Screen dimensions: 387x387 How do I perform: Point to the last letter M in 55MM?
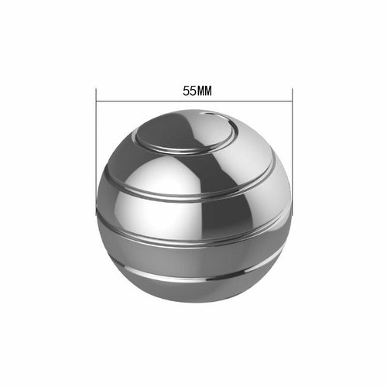(208, 90)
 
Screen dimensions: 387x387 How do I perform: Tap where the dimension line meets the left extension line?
(97, 101)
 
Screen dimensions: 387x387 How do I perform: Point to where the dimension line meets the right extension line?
(292, 101)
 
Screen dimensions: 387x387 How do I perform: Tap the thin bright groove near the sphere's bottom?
(193, 277)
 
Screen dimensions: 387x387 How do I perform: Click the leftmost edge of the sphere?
(98, 209)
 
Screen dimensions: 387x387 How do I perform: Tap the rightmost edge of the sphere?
(291, 209)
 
